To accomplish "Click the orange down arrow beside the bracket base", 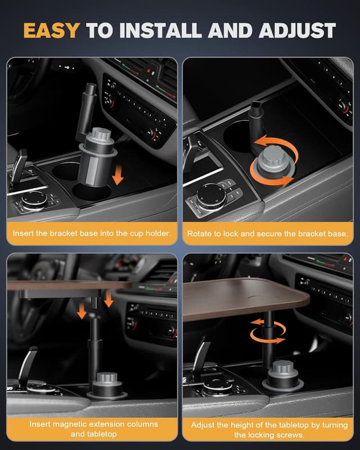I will tap(117, 176).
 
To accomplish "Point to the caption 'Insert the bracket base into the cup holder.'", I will tap(92, 233).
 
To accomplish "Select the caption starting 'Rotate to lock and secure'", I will tap(268, 233).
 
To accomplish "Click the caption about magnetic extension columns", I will tap(92, 429).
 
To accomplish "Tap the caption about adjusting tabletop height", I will tap(268, 429).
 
